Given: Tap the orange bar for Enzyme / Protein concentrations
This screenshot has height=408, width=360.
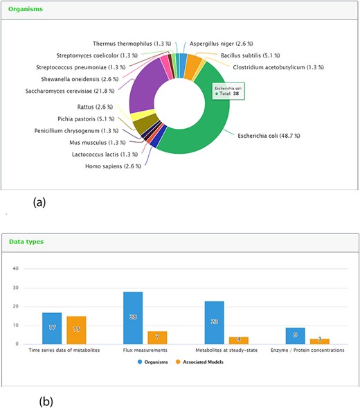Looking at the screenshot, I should point(319,341).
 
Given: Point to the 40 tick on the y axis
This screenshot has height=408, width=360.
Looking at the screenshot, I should point(26,269).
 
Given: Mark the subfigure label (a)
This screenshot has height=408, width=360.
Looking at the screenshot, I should point(40,203).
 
